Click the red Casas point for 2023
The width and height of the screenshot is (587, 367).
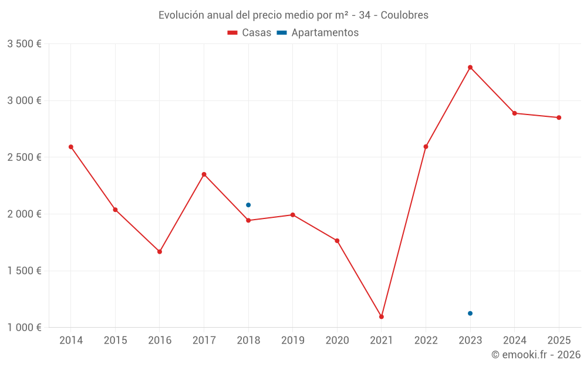(470, 68)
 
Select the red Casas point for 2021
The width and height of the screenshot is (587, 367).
(382, 317)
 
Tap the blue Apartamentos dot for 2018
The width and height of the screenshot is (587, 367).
(248, 205)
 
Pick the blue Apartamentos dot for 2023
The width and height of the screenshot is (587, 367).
(470, 313)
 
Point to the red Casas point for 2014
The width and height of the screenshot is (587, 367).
(71, 147)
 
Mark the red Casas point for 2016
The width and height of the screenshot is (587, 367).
(160, 251)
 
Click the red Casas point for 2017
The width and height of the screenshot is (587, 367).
(204, 174)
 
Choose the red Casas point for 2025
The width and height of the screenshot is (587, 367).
(559, 117)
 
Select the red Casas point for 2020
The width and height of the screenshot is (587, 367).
(337, 241)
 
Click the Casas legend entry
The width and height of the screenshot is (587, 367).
(249, 33)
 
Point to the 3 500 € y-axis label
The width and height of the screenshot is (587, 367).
(24, 44)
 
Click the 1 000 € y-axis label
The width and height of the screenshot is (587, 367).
(24, 328)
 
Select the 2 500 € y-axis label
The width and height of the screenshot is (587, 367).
(24, 157)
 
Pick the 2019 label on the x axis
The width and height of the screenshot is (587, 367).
(292, 341)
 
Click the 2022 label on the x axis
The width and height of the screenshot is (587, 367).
(426, 341)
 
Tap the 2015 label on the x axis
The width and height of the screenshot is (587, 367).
(115, 341)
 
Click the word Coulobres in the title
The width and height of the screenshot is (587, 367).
(404, 15)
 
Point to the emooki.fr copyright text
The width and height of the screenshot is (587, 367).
(535, 355)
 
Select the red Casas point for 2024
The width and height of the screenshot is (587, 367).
(515, 113)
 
